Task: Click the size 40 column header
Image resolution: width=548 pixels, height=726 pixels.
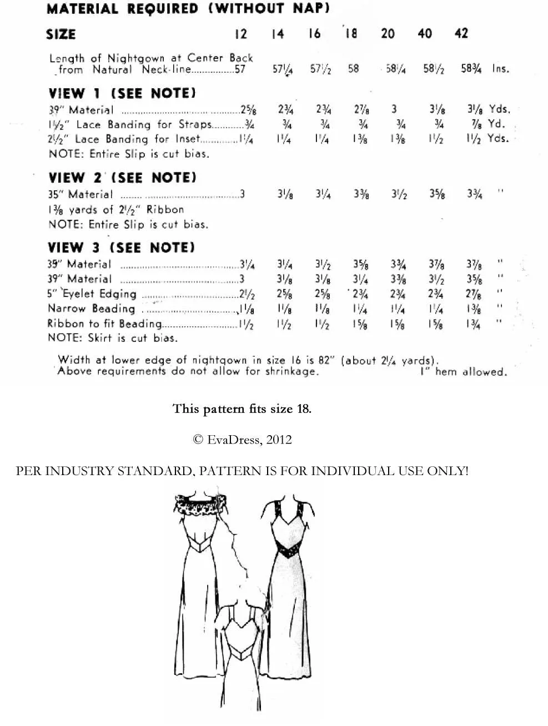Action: pyautogui.click(x=425, y=34)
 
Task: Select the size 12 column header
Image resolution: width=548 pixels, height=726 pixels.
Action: pyautogui.click(x=241, y=34)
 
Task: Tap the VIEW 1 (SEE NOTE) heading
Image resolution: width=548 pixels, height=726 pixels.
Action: pyautogui.click(x=122, y=93)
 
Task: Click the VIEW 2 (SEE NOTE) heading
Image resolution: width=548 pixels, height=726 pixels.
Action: pyautogui.click(x=122, y=178)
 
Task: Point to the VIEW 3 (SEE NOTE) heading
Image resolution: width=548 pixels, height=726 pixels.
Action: pyautogui.click(x=121, y=248)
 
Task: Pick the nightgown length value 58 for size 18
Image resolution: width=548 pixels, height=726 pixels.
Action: pyautogui.click(x=353, y=69)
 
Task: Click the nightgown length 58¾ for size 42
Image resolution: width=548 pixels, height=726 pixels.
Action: pyautogui.click(x=471, y=69)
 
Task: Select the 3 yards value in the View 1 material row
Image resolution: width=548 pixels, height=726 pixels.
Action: pyautogui.click(x=394, y=109)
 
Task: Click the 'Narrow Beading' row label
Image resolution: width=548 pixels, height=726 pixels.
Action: pyautogui.click(x=91, y=309)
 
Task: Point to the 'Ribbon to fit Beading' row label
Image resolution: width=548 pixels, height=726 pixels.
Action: pyautogui.click(x=104, y=324)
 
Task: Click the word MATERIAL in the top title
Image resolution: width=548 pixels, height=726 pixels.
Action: pyautogui.click(x=83, y=9)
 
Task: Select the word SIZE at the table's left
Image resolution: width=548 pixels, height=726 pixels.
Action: pyautogui.click(x=61, y=34)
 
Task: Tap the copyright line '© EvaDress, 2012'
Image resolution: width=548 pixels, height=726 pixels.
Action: pyautogui.click(x=242, y=440)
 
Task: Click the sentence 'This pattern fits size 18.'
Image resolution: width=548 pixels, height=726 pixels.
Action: pyautogui.click(x=242, y=409)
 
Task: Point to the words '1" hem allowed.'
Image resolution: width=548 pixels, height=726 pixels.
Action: pyautogui.click(x=464, y=372)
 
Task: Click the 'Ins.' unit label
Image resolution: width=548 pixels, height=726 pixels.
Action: pyautogui.click(x=500, y=69)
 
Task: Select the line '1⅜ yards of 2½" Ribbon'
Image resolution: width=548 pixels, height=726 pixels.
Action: pyautogui.click(x=115, y=210)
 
